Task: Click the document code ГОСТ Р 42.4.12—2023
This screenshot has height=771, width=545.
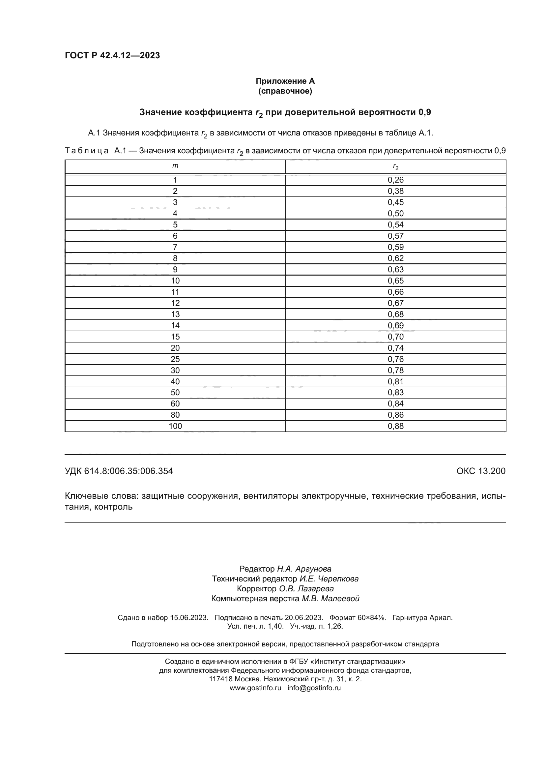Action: tap(112, 55)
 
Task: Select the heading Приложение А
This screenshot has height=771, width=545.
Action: tap(285, 81)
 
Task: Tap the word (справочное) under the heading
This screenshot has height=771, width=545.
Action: tap(285, 91)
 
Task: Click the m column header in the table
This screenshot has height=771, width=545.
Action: tap(175, 165)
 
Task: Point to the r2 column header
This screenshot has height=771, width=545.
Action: tap(396, 167)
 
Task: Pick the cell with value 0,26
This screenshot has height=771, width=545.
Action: tap(396, 180)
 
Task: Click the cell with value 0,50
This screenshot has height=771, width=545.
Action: tap(396, 214)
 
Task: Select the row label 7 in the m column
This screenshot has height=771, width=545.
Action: tap(175, 247)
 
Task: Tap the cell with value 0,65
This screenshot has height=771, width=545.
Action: tap(396, 281)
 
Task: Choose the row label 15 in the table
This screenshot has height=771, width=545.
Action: tap(175, 337)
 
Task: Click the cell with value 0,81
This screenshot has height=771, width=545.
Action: tap(396, 381)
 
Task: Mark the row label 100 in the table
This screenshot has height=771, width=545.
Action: tap(175, 426)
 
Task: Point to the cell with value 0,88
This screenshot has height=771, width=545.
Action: tap(396, 426)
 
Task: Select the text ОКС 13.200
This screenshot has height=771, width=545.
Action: tap(480, 471)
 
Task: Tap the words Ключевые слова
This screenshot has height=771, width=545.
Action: tap(101, 496)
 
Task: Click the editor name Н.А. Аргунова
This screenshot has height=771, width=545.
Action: tap(304, 569)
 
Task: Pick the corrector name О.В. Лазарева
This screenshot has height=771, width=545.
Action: tap(306, 589)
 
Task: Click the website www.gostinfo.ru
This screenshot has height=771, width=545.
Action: tap(255, 688)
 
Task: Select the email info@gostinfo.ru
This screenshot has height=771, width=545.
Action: tap(314, 688)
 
